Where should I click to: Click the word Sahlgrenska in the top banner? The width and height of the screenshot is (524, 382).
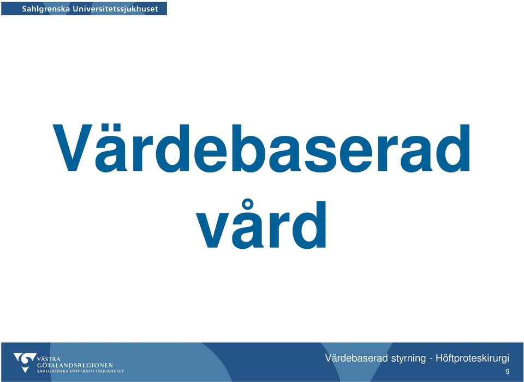(x=46, y=9)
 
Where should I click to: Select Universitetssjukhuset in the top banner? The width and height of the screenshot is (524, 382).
(x=115, y=9)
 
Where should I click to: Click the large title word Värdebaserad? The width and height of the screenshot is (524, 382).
(x=261, y=148)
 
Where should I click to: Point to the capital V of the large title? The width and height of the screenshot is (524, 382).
(x=73, y=148)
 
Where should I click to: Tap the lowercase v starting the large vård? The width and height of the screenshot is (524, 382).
(x=212, y=230)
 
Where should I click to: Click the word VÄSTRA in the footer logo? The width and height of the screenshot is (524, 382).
(x=49, y=359)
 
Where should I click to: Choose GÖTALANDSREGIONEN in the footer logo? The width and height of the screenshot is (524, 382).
(x=75, y=365)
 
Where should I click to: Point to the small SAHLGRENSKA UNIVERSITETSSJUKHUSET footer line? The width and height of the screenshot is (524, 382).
(x=81, y=371)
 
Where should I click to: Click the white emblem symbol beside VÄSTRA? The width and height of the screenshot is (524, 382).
(x=25, y=362)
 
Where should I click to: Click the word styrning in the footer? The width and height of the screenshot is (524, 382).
(x=408, y=359)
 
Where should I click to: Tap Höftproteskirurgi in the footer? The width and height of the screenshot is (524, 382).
(x=472, y=359)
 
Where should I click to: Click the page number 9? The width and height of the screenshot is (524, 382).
(x=507, y=372)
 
